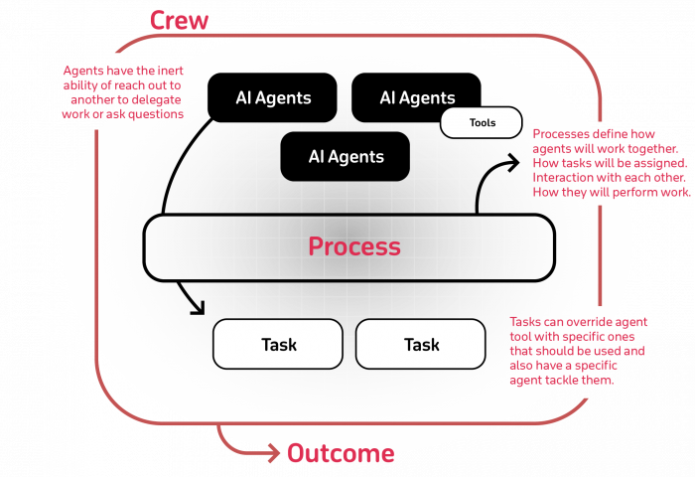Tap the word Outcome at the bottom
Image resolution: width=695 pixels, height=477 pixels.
[341, 454]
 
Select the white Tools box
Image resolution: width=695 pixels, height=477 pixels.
[482, 123]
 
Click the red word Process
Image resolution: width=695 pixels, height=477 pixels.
[354, 246]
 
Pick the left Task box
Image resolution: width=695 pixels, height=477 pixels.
[278, 345]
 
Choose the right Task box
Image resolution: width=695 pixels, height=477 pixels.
[421, 345]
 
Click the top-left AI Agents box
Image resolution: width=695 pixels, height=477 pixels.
[273, 98]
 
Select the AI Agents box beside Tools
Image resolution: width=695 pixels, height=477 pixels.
[417, 98]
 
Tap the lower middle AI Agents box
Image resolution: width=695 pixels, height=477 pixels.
[346, 157]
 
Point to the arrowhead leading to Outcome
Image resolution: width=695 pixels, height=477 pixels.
[273, 454]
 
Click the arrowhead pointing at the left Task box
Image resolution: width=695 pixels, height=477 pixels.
[197, 306]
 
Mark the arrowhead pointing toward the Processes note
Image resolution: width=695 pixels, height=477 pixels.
[510, 162]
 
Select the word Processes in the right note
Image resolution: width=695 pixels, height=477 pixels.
[563, 134]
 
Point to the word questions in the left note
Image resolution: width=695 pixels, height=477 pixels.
[159, 114]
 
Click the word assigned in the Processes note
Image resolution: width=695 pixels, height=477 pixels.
[659, 163]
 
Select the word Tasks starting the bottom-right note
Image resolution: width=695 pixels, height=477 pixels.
[525, 323]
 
